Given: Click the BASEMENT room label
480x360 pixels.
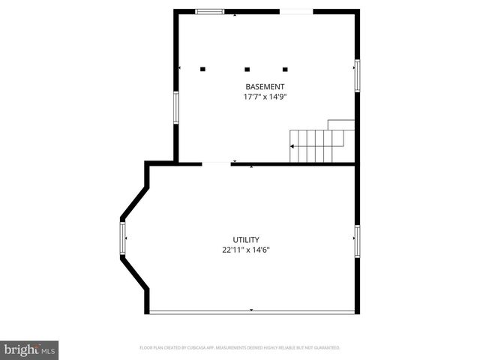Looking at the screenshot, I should click(x=265, y=87).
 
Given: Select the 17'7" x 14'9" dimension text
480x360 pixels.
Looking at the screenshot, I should click(x=265, y=97).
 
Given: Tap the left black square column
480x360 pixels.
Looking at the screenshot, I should click(x=202, y=69).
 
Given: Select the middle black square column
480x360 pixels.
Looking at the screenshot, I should click(x=247, y=69).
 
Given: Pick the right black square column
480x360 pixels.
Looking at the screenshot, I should click(x=285, y=69).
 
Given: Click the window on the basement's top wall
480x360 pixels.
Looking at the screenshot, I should click(x=210, y=11).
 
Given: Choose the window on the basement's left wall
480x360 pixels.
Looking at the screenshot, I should click(x=176, y=106).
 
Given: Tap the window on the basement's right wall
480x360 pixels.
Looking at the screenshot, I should click(x=357, y=75).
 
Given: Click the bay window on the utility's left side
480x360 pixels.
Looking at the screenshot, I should click(x=122, y=238).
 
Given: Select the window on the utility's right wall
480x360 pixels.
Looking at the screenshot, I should click(x=357, y=241).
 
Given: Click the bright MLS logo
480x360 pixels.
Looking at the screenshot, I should click(x=30, y=349).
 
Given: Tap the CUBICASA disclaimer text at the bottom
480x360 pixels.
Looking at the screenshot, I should click(x=240, y=348).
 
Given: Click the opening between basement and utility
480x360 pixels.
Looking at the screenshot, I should click(x=216, y=163).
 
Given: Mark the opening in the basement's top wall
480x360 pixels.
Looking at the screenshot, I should click(x=296, y=11).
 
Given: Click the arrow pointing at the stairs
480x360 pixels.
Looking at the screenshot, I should click(x=293, y=148).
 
